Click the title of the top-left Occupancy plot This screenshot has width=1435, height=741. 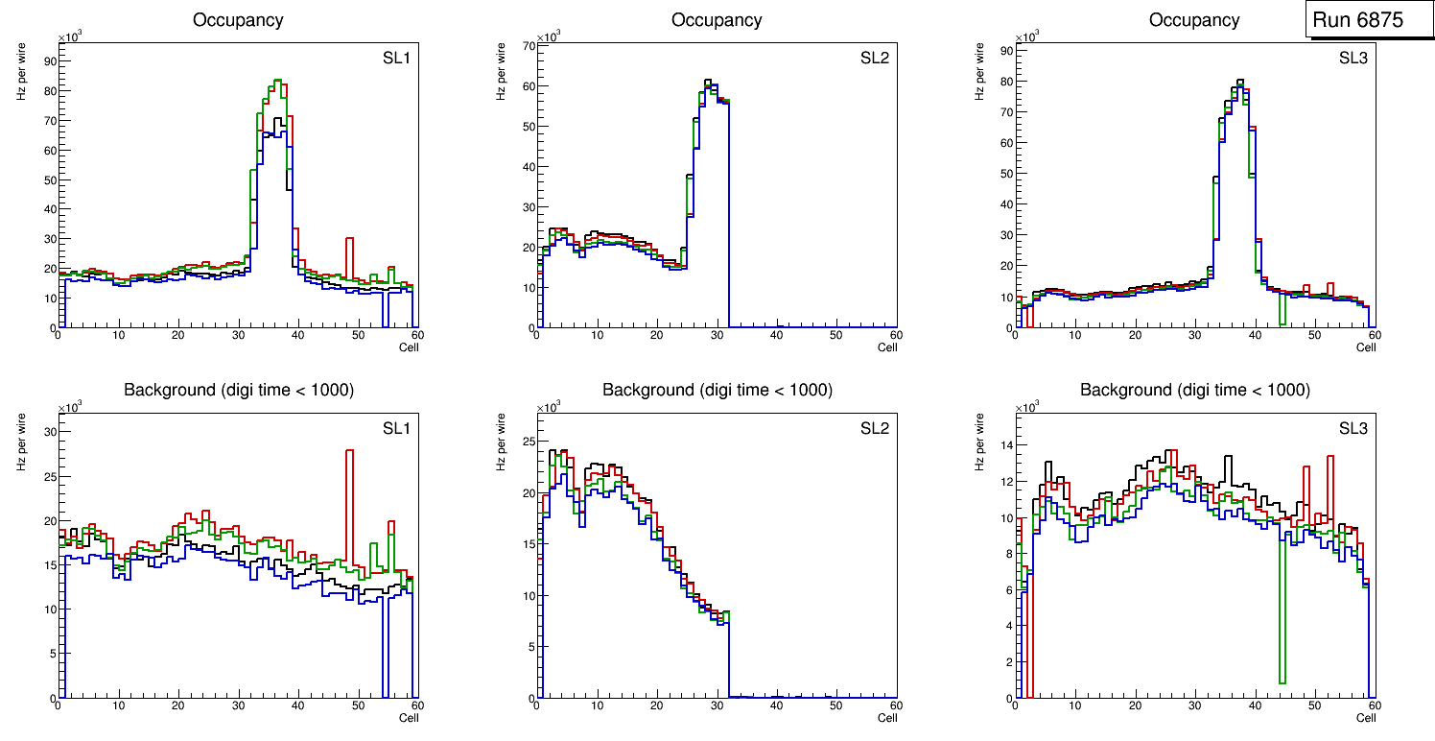click(238, 19)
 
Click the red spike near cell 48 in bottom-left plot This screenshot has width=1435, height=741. click(350, 451)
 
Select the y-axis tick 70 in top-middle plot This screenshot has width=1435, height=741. click(528, 45)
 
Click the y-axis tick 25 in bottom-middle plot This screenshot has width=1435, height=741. click(528, 442)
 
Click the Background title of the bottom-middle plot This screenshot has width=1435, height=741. click(717, 390)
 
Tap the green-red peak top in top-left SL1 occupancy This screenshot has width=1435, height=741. click(276, 81)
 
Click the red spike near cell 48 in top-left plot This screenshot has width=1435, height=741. click(350, 239)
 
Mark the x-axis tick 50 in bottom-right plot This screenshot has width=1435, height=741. click(1314, 705)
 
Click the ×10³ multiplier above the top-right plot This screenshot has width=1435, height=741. click(1026, 36)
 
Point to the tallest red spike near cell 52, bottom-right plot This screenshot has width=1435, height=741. click(1330, 457)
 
